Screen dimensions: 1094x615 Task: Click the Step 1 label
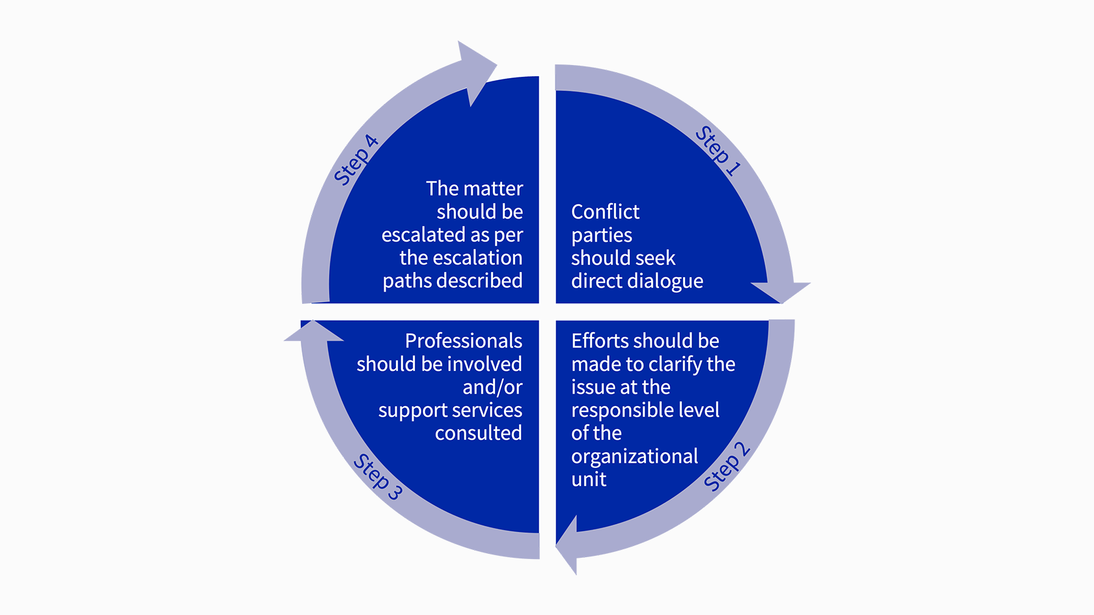pyautogui.click(x=718, y=150)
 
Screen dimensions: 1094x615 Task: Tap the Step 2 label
pyautogui.click(x=727, y=466)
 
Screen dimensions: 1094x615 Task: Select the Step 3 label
pyautogui.click(x=378, y=477)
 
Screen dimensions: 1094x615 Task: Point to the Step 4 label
pyautogui.click(x=356, y=159)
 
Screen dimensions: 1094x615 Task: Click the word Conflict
pyautogui.click(x=605, y=212)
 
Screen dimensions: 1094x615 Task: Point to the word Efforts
pyautogui.click(x=600, y=341)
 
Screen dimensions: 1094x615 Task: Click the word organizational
pyautogui.click(x=634, y=457)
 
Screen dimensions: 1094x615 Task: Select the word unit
pyautogui.click(x=589, y=479)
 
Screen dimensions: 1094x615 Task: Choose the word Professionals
pyautogui.click(x=464, y=341)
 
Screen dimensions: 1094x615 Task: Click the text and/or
pyautogui.click(x=492, y=387)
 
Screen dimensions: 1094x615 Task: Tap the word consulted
pyautogui.click(x=478, y=433)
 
